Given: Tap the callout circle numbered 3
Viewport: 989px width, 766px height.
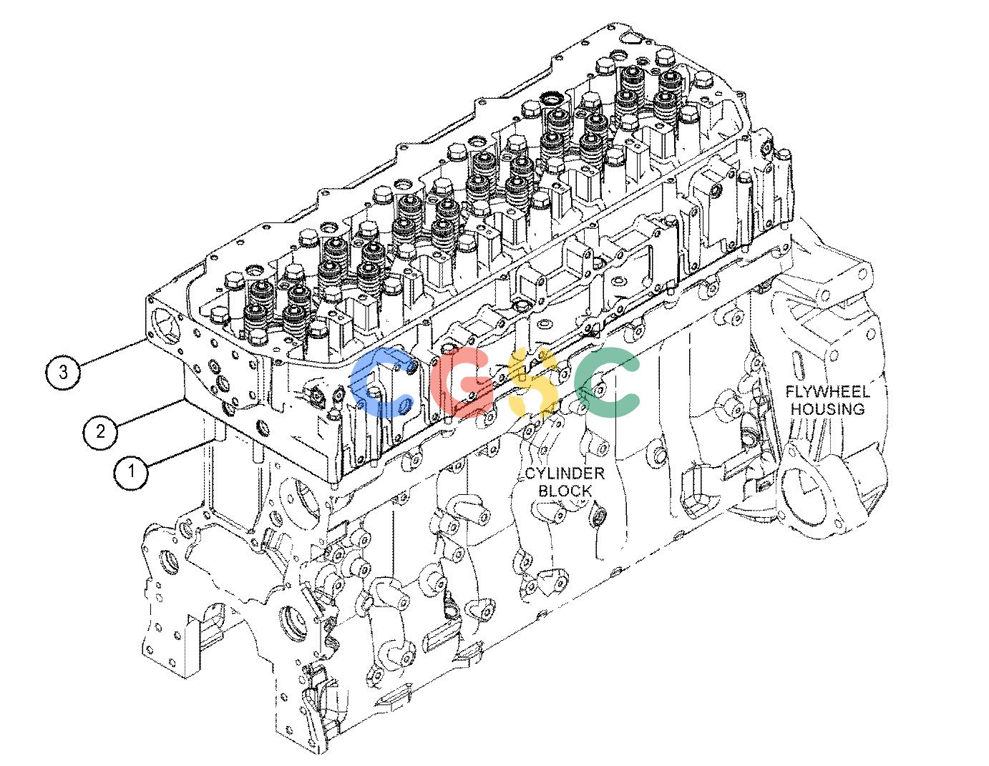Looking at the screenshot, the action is click(63, 373).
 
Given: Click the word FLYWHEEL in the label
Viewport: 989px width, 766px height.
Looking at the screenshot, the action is click(827, 392).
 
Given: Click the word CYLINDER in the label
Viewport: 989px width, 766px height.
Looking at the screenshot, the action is click(565, 474).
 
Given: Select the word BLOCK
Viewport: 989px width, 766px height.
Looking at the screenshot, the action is click(565, 491).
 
